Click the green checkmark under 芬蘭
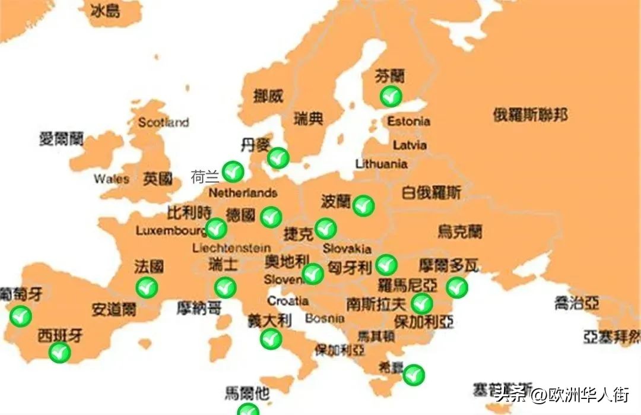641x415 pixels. [x=391, y=96]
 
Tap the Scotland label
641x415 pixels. [x=163, y=122]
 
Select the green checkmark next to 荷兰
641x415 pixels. [x=233, y=172]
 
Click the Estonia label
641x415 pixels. [x=408, y=121]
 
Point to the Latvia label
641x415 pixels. [x=409, y=145]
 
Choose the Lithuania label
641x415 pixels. [x=381, y=164]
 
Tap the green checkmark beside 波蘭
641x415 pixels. [x=363, y=205]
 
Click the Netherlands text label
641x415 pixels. [x=243, y=193]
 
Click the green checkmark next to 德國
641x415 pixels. [x=271, y=217]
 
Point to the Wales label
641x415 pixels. [x=111, y=179]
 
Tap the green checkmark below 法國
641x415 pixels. [x=147, y=288]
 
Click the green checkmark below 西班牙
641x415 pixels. [x=59, y=353]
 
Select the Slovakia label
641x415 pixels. [x=347, y=249]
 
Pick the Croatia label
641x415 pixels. [x=287, y=300]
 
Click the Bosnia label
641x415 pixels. [x=325, y=318]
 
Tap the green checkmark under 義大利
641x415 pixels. [x=271, y=339]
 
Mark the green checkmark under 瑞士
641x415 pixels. [x=226, y=288]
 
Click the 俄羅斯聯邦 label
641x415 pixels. [x=530, y=115]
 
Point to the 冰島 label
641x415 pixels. [x=106, y=11]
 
